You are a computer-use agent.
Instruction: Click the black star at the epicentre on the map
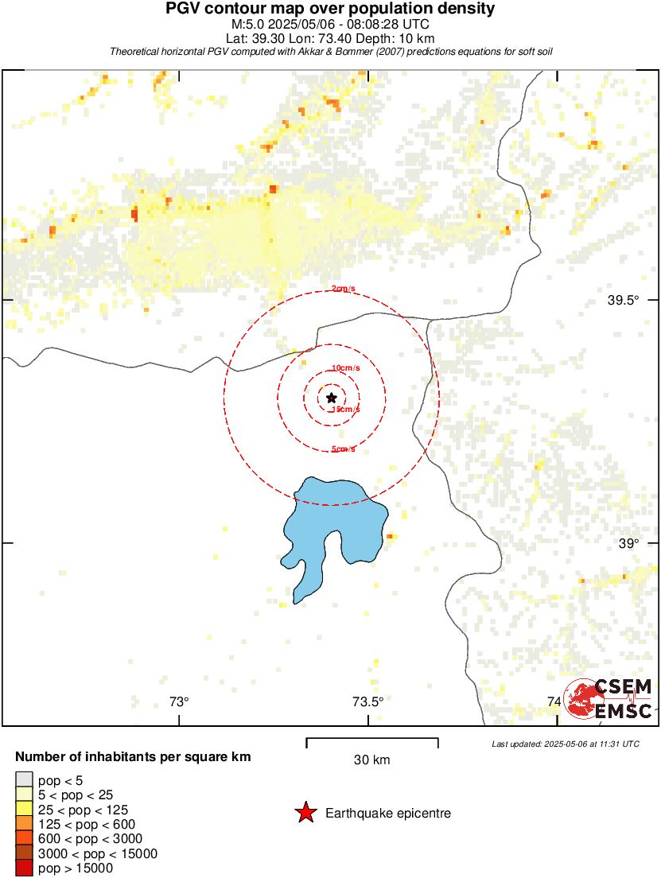pyautogui.click(x=331, y=398)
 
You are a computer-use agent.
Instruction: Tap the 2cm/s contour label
pyautogui.click(x=344, y=289)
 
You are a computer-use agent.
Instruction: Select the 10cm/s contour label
pyautogui.click(x=345, y=368)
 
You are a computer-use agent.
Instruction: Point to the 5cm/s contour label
pyautogui.click(x=344, y=449)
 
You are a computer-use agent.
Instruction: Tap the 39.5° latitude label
pyautogui.click(x=623, y=301)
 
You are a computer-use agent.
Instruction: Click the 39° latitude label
pyautogui.click(x=628, y=544)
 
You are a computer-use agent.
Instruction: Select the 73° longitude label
pyautogui.click(x=179, y=701)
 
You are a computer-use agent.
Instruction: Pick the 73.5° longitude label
pyautogui.click(x=367, y=701)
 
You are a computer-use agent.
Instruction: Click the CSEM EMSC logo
pyautogui.click(x=609, y=699)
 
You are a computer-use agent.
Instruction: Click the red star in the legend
pyautogui.click(x=305, y=813)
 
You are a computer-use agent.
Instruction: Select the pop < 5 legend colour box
pyautogui.click(x=24, y=779)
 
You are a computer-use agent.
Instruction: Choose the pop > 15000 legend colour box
pyautogui.click(x=24, y=868)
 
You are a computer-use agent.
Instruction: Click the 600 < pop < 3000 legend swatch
pyautogui.click(x=24, y=838)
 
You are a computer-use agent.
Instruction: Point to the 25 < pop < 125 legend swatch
pyautogui.click(x=24, y=809)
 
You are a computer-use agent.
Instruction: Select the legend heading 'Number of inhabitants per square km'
pyautogui.click(x=133, y=757)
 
